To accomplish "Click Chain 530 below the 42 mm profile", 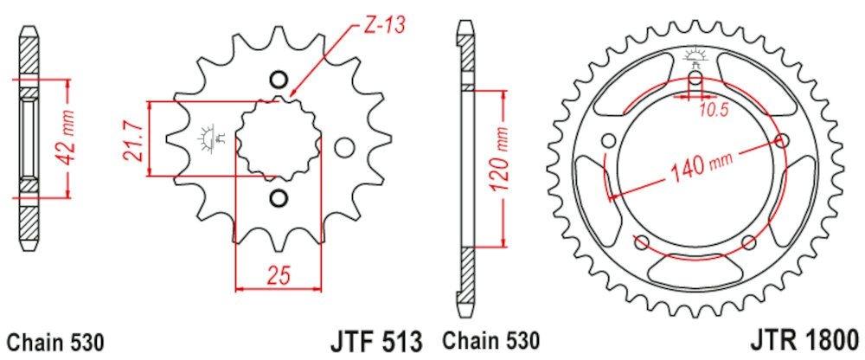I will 55,341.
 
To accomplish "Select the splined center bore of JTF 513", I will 277,139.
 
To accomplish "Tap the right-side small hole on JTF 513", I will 344,147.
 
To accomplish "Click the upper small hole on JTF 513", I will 278,80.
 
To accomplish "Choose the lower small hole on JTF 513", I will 278,199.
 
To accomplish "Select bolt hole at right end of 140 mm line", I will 784,141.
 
